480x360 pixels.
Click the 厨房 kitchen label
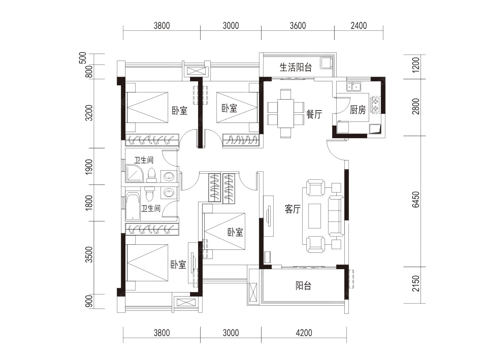[x=357, y=110]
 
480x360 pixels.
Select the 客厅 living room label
[x=293, y=209]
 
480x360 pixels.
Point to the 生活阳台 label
[x=295, y=67]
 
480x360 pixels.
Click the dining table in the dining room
[x=285, y=113]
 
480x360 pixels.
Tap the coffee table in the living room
[x=314, y=216]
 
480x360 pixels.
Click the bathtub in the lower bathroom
[x=132, y=206]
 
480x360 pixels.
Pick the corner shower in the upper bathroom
[x=134, y=174]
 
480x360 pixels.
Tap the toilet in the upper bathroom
[x=151, y=175]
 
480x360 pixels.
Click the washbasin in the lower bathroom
[x=169, y=193]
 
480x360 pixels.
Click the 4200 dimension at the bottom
[x=304, y=333]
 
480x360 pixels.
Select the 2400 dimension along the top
[x=359, y=26]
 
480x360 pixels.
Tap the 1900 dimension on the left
[x=89, y=167]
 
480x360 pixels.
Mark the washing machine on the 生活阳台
[x=327, y=63]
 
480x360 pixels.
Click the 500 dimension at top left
[x=83, y=58]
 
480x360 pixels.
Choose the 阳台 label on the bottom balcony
[x=303, y=286]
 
